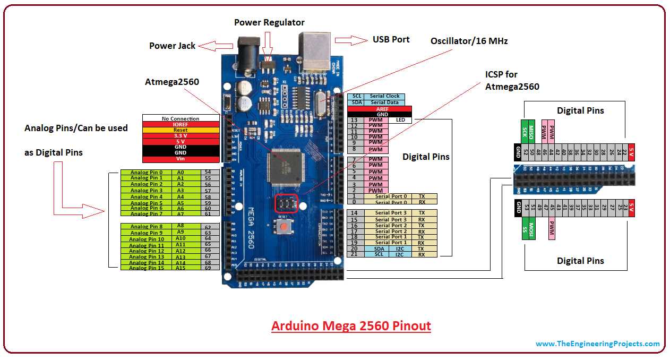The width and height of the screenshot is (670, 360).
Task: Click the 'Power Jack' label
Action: click(x=172, y=46)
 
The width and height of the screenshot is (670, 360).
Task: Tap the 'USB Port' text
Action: click(x=391, y=39)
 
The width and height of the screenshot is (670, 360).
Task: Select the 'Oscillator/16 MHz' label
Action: click(x=469, y=41)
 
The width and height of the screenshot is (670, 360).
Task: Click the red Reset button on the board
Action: click(x=285, y=227)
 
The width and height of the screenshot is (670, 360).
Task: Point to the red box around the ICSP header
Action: click(x=286, y=204)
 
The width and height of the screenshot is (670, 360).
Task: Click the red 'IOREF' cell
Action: click(x=181, y=124)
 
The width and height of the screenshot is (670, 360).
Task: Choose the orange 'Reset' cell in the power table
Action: click(x=181, y=130)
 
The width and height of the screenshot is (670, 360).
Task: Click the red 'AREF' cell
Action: click(x=379, y=109)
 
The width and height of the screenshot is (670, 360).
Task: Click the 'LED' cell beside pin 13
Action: click(x=400, y=121)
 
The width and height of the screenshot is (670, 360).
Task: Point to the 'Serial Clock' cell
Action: click(x=385, y=96)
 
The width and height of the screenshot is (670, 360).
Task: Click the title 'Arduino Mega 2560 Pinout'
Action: click(x=351, y=325)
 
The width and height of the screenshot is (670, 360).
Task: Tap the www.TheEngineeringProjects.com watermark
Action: click(x=597, y=344)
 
